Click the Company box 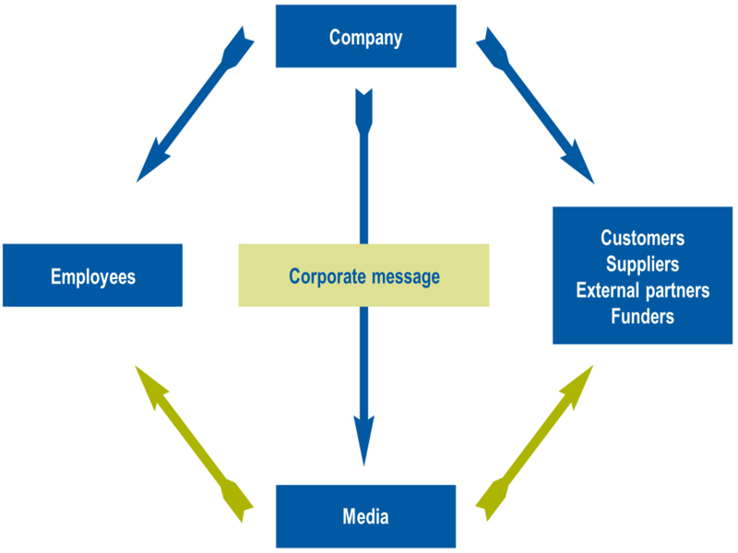(x=365, y=37)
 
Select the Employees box (x=92, y=276)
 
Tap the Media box (x=365, y=516)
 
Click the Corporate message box (x=363, y=276)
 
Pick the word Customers (x=642, y=238)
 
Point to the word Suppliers (x=642, y=265)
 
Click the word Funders (x=642, y=317)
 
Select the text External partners (x=642, y=290)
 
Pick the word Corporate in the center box (x=323, y=276)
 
